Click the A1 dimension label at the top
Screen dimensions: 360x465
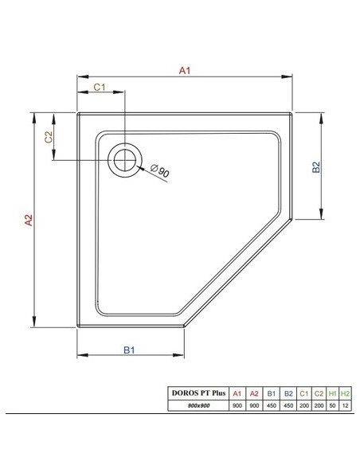tap(185, 71)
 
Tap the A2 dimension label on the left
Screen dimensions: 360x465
tap(29, 220)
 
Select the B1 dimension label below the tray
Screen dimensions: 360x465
tap(129, 350)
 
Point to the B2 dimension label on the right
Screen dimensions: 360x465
tap(316, 167)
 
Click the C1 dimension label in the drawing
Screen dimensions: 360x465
tap(100, 88)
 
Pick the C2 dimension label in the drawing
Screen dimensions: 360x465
tap(49, 137)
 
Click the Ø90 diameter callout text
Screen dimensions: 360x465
tap(160, 171)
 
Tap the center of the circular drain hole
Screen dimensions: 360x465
tap(125, 160)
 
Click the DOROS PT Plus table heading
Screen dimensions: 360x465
tap(198, 393)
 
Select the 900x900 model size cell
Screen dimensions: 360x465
tap(198, 405)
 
